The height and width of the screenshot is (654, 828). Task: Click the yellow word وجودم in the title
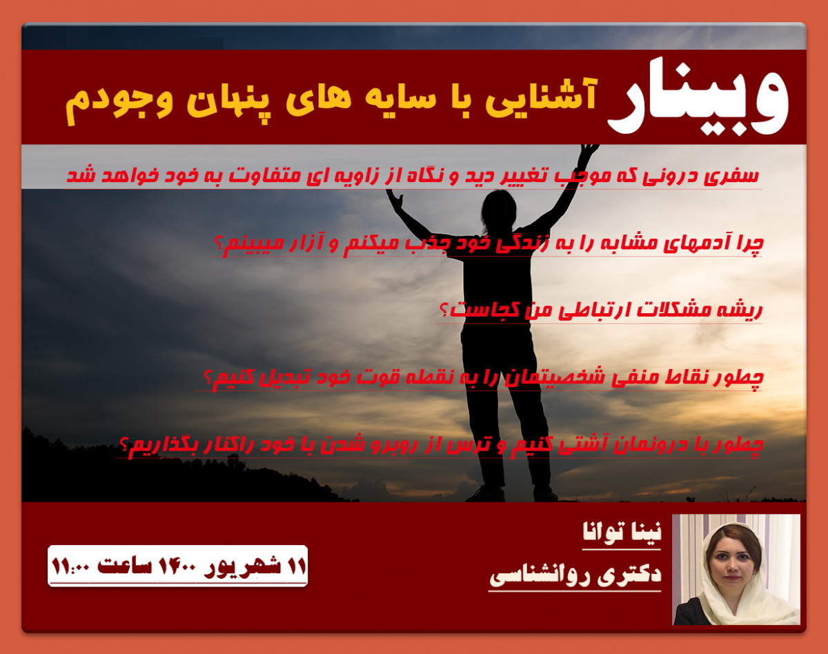[108, 100]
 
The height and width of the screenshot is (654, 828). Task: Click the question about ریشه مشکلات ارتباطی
[600, 310]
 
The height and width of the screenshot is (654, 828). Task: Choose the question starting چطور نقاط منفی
[483, 378]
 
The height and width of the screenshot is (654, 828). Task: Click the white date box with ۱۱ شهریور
[177, 566]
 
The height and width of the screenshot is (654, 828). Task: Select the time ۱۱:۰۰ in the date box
[72, 566]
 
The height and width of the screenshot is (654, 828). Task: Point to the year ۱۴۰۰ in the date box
[180, 566]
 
